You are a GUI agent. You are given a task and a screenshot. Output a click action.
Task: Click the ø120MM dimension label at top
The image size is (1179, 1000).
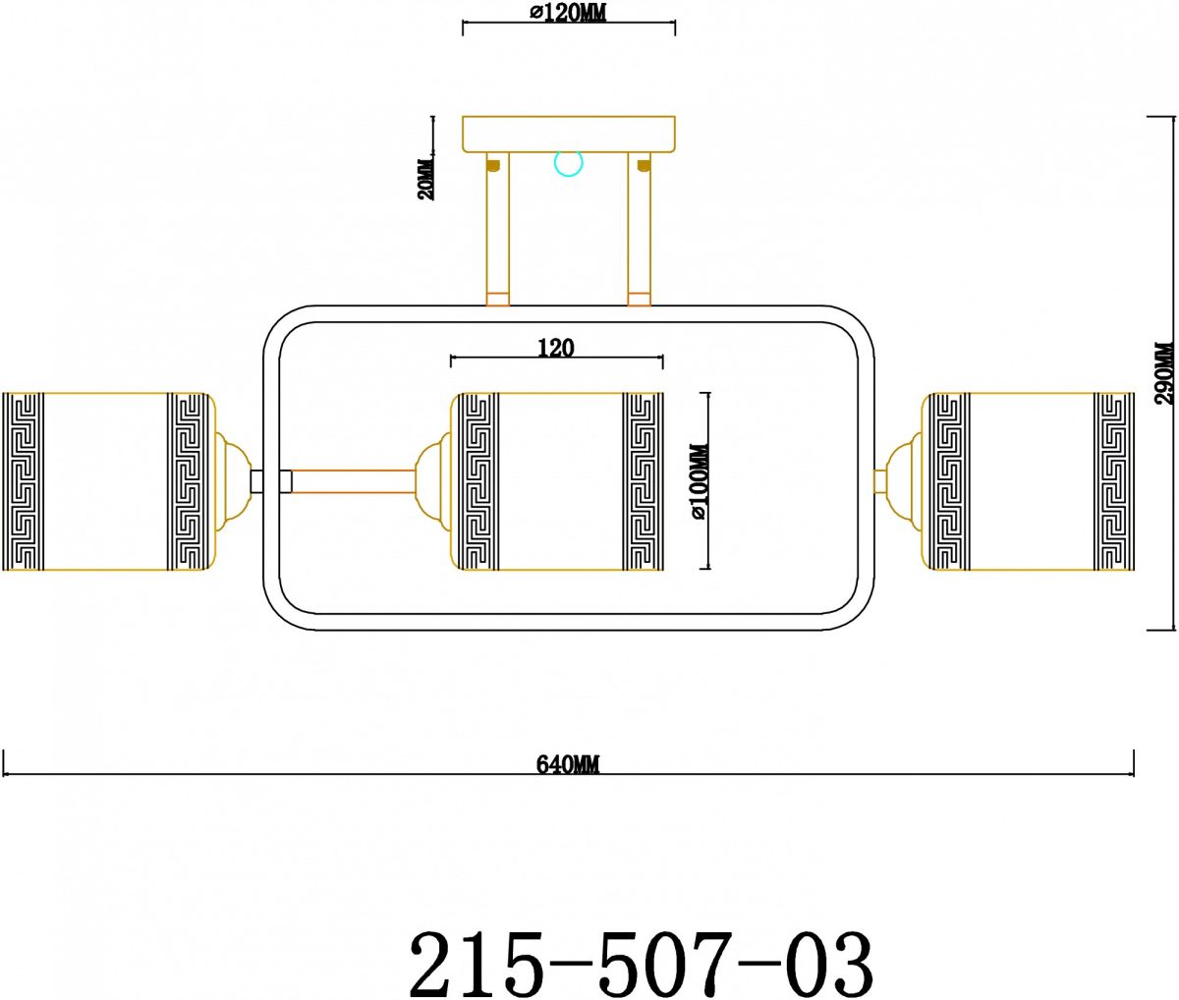click(568, 13)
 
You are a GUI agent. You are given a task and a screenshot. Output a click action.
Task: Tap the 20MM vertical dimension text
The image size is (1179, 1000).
click(425, 179)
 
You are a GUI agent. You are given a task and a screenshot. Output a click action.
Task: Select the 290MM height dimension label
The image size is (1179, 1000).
click(1164, 372)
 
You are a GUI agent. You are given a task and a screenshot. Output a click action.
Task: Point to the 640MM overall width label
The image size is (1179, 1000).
click(568, 764)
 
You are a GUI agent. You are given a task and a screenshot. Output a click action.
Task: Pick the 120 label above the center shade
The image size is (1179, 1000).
click(556, 348)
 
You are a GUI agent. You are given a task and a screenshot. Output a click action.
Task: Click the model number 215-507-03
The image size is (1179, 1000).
click(642, 963)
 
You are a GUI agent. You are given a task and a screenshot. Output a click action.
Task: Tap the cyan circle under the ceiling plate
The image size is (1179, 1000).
click(569, 164)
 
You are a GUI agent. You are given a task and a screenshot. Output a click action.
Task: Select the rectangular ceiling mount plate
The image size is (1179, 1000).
click(569, 135)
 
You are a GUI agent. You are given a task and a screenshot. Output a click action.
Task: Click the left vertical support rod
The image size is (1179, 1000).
click(497, 229)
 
